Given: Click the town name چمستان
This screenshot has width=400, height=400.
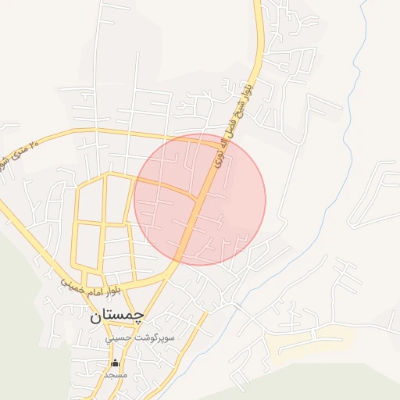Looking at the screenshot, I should click(x=117, y=316).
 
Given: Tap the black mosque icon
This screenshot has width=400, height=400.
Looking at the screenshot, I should click(x=116, y=362).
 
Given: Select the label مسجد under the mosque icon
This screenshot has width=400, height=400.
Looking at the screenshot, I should click(x=116, y=375).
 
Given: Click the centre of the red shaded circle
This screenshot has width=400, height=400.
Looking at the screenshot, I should click(x=200, y=200).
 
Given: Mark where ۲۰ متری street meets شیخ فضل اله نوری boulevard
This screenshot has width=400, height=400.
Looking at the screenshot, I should click(x=218, y=141).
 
